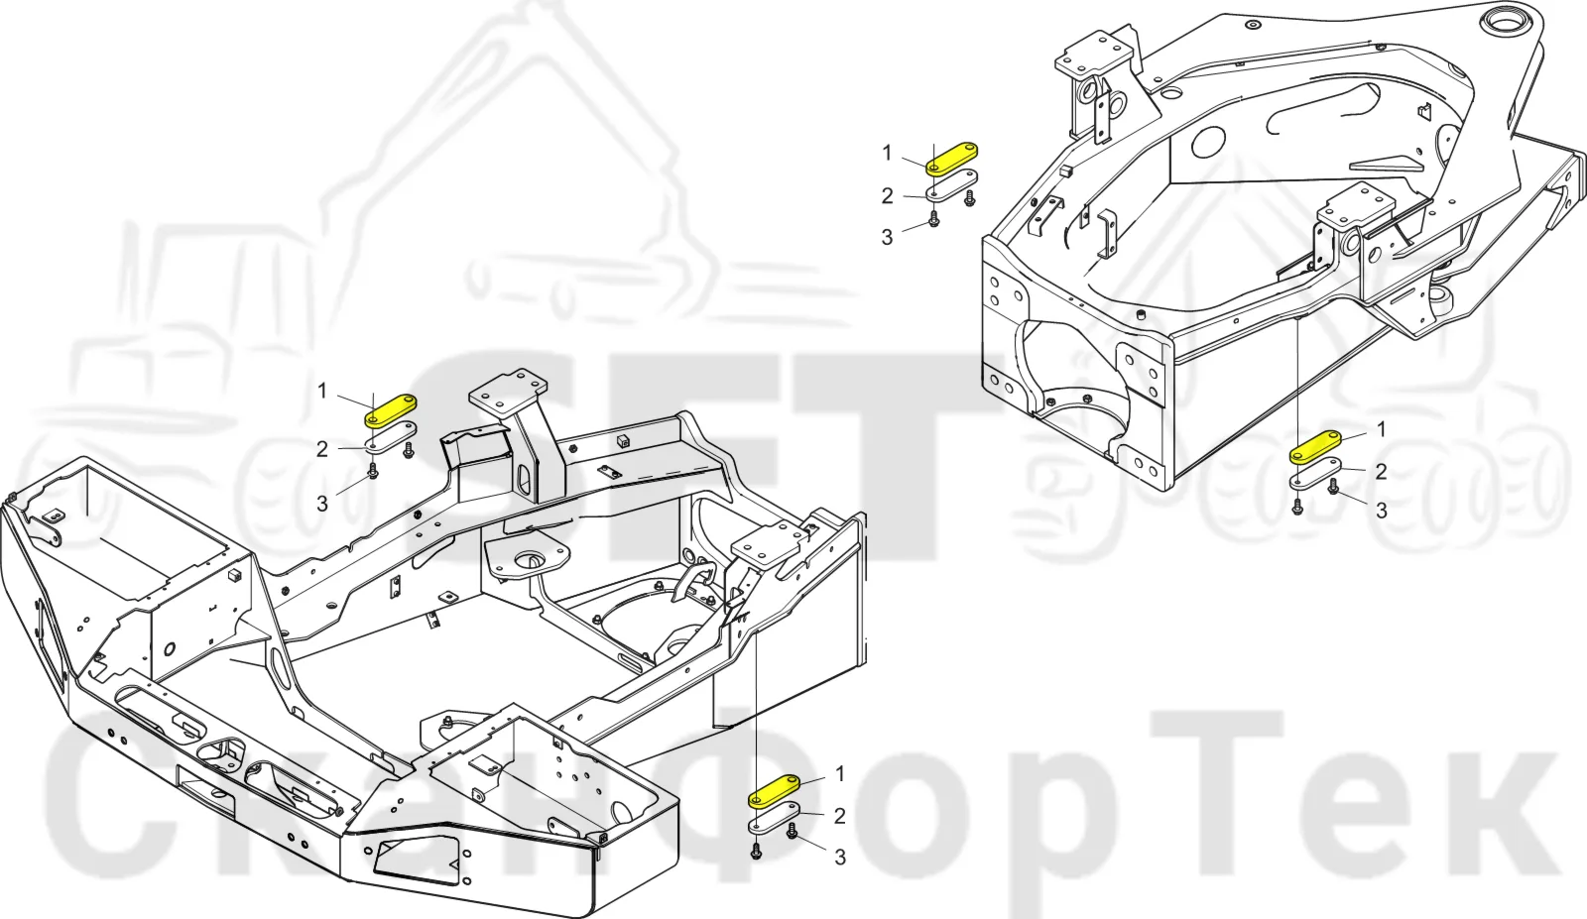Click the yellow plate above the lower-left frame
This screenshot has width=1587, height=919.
pyautogui.click(x=390, y=411)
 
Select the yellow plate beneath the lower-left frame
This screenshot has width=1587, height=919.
pyautogui.click(x=775, y=791)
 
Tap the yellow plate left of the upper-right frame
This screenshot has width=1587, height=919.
pyautogui.click(x=952, y=159)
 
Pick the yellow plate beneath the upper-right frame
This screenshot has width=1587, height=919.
pyautogui.click(x=1315, y=447)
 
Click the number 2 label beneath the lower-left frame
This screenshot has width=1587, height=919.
pyautogui.click(x=839, y=816)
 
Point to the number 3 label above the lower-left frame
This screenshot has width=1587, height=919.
pyautogui.click(x=322, y=504)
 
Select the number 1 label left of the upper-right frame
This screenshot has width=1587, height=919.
pyautogui.click(x=887, y=153)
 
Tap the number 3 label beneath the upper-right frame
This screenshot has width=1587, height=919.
pyautogui.click(x=1381, y=511)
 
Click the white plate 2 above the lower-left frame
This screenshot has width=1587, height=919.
pyautogui.click(x=391, y=437)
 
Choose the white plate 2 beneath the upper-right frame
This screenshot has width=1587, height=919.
pyautogui.click(x=1315, y=473)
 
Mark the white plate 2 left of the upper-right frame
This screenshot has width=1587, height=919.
pyautogui.click(x=952, y=185)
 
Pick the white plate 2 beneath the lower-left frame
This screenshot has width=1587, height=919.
pyautogui.click(x=775, y=818)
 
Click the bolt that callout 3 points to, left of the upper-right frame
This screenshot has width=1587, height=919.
pyautogui.click(x=933, y=219)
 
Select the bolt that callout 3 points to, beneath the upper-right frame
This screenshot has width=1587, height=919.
pyautogui.click(x=1333, y=486)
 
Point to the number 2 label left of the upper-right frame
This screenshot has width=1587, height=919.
pyautogui.click(x=887, y=196)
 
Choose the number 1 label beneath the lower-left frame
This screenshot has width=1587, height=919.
pyautogui.click(x=840, y=774)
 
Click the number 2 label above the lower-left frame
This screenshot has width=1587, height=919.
pyautogui.click(x=322, y=450)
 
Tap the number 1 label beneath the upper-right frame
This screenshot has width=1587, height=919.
pyautogui.click(x=1381, y=429)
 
